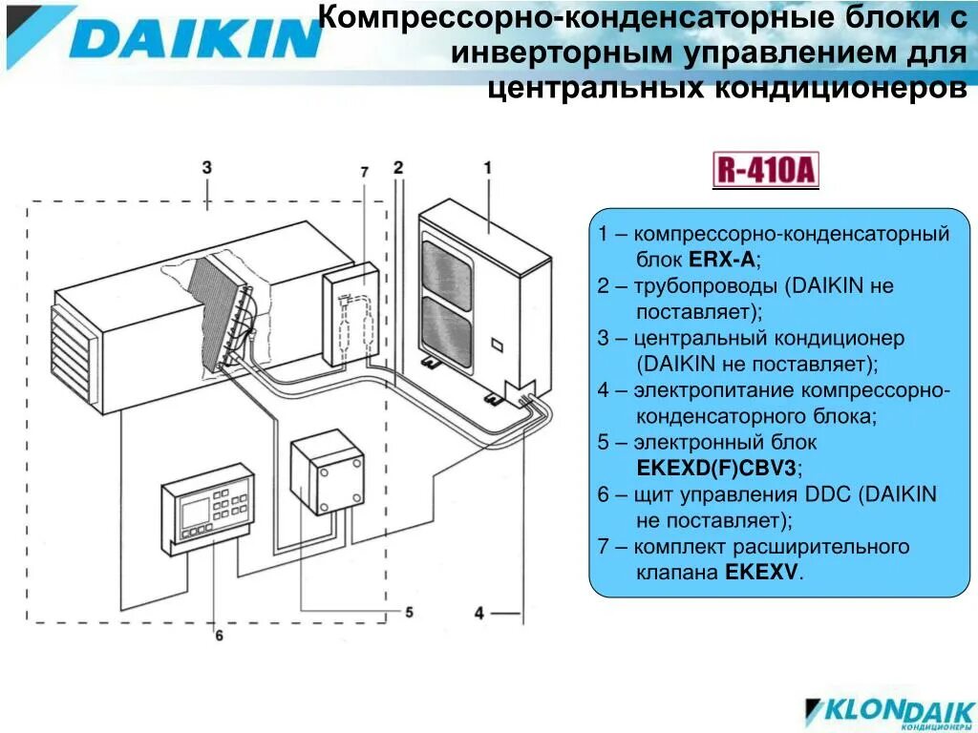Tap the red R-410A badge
(766, 171)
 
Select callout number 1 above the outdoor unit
(487, 168)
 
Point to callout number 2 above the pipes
(398, 166)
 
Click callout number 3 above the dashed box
(206, 167)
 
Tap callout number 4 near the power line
(479, 613)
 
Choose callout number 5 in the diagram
(409, 612)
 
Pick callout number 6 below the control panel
(218, 635)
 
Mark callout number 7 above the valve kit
(364, 172)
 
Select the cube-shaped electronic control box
(329, 473)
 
